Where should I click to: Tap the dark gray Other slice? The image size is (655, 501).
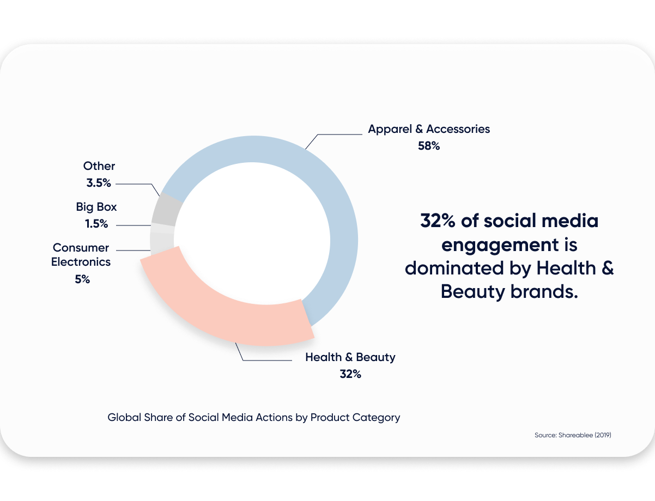click(x=165, y=210)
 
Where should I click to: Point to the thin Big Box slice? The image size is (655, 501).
click(x=162, y=228)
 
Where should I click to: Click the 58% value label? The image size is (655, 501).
click(x=428, y=146)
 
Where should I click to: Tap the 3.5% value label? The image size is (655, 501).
click(x=99, y=183)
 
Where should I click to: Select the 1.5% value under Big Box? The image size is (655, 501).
click(x=96, y=224)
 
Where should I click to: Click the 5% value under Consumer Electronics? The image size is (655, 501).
click(x=82, y=279)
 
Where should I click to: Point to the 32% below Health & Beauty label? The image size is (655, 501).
click(x=350, y=374)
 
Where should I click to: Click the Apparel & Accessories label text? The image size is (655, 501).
click(x=429, y=129)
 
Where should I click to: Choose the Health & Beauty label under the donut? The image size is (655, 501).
click(x=350, y=357)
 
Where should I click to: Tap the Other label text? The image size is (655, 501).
click(x=99, y=166)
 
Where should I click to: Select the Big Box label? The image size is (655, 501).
click(x=96, y=207)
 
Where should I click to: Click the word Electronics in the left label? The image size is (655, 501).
click(x=81, y=262)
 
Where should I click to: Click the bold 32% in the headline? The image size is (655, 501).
click(x=438, y=221)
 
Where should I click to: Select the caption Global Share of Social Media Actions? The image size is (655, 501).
click(x=254, y=418)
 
